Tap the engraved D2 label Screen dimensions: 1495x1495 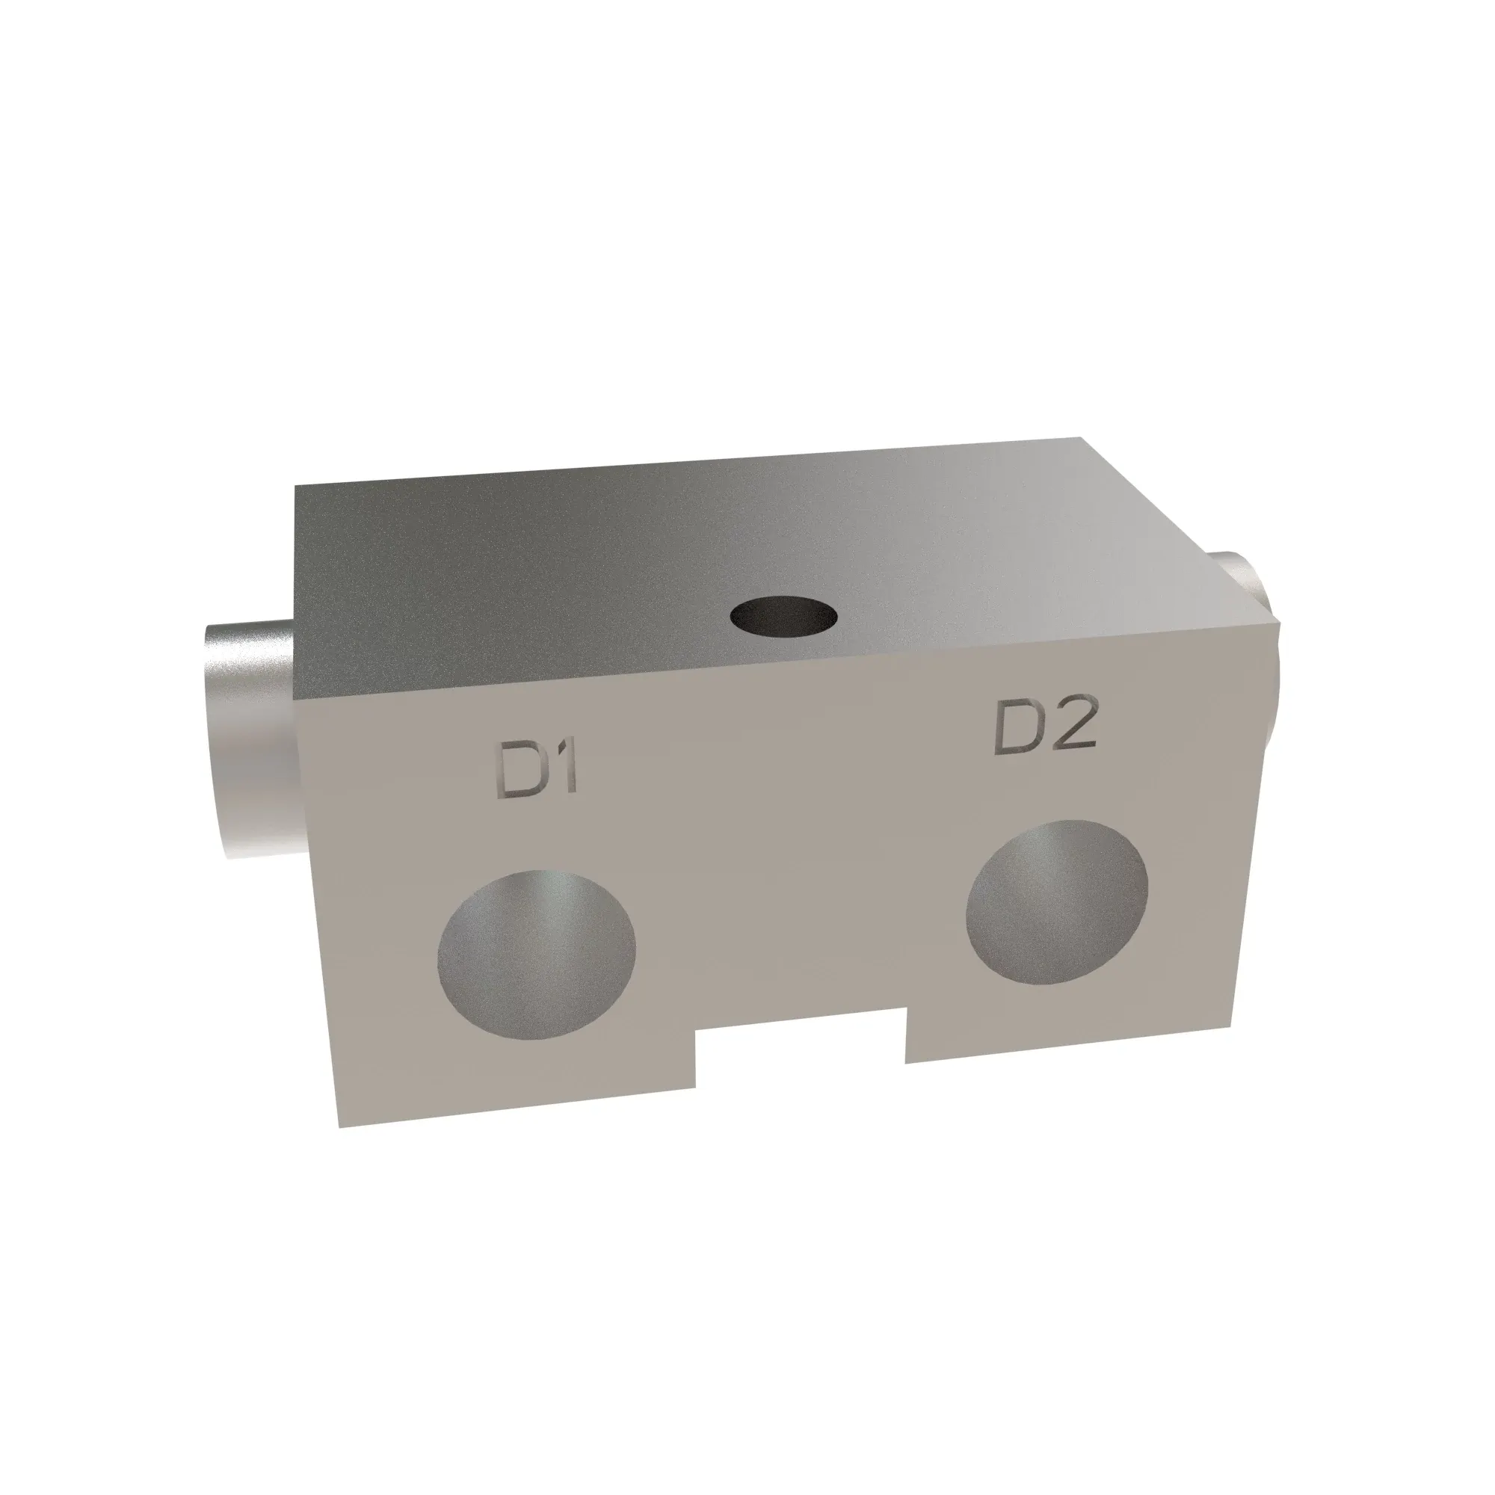click(x=1046, y=729)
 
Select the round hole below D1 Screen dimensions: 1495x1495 click(x=536, y=954)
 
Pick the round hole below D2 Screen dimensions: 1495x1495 click(x=1057, y=902)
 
